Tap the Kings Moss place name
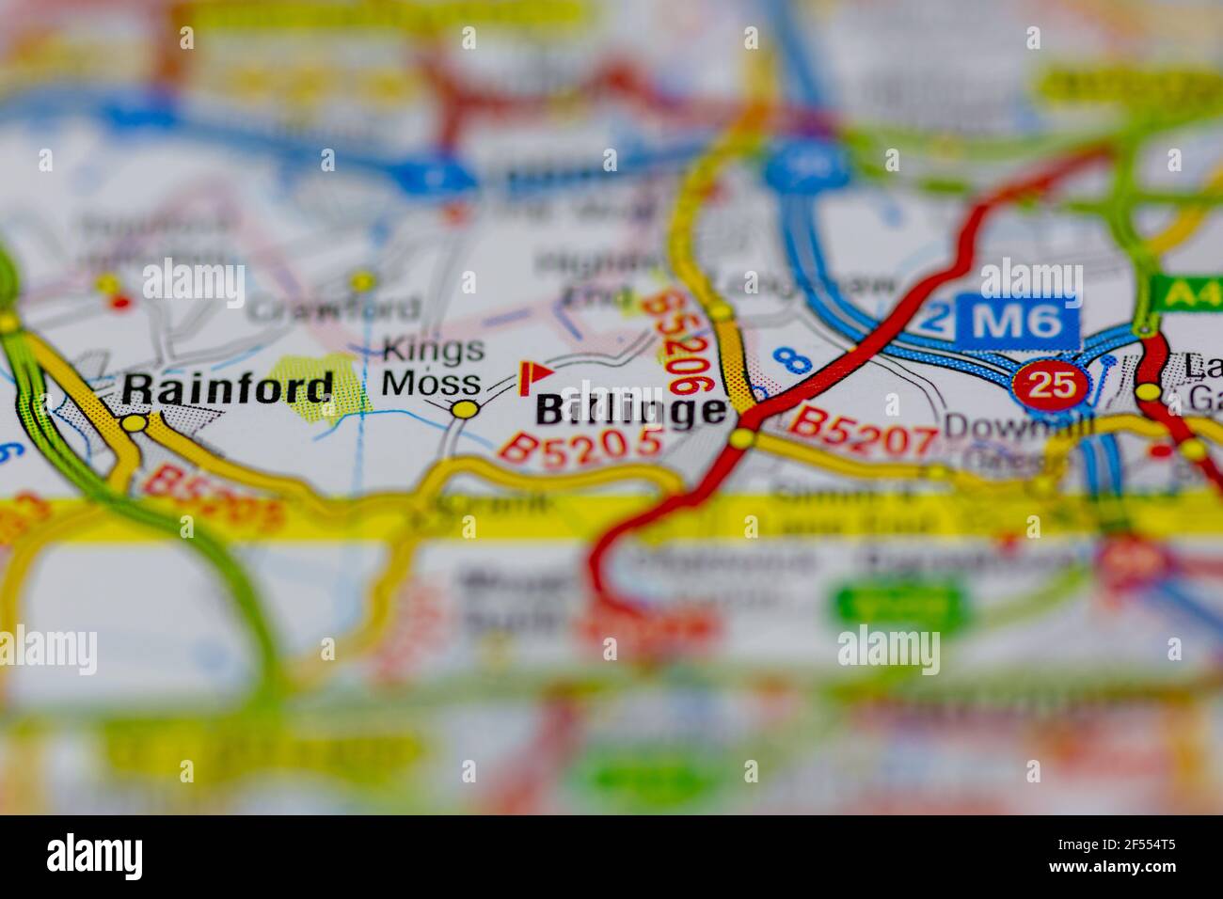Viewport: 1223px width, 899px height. point(434,367)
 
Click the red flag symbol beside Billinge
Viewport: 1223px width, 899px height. point(534,376)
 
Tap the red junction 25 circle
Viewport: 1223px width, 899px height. point(1051,384)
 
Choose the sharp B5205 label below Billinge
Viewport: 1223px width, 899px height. point(580,445)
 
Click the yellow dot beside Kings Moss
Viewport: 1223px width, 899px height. point(463,409)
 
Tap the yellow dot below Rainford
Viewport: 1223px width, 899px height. point(135,424)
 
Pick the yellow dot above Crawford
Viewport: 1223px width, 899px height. point(361,280)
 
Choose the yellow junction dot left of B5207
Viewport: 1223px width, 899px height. point(743,439)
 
